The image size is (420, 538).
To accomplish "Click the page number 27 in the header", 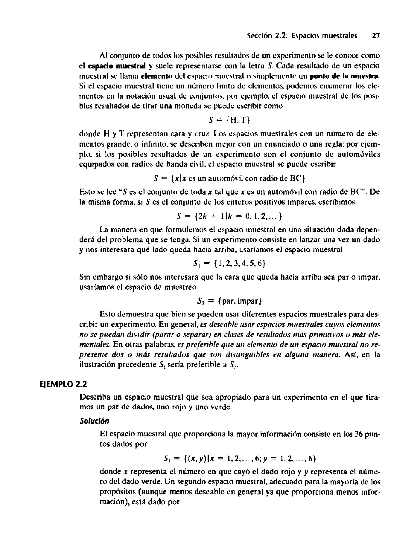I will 375,36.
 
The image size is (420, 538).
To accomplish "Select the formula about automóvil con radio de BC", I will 229,178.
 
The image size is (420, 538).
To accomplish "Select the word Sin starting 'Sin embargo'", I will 85,277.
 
